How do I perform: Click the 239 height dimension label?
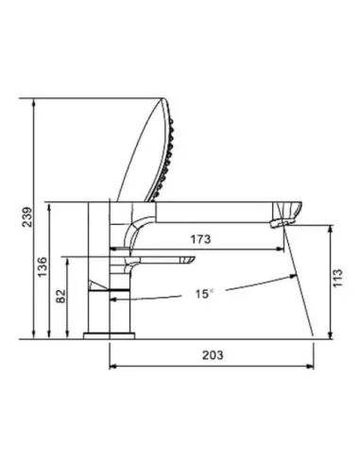27,217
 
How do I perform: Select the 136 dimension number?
43,267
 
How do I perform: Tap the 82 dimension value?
61,296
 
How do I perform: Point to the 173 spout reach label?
200,239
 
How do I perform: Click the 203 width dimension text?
213,355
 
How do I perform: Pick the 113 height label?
337,278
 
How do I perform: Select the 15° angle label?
204,294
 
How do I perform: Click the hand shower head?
148,150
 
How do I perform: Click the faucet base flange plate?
109,336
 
